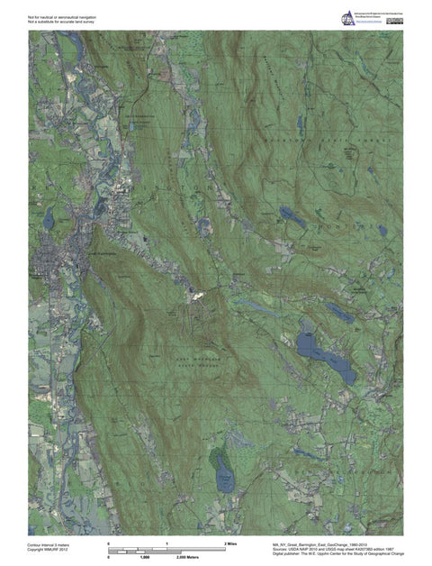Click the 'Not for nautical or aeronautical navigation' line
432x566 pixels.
(61, 16)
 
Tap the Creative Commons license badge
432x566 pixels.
(395, 20)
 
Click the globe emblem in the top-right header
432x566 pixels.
(346, 18)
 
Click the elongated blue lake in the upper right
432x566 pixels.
(292, 216)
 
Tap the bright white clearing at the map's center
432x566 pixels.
(194, 293)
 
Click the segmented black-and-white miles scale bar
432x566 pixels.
(166, 550)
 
